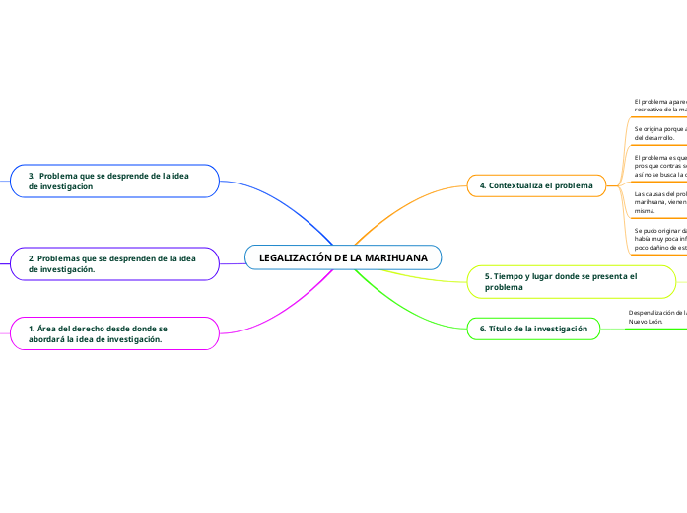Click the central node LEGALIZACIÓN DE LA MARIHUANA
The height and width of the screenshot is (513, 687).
pyautogui.click(x=343, y=257)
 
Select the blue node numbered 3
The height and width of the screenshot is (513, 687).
pyautogui.click(x=114, y=180)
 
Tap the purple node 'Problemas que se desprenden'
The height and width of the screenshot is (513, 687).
pyautogui.click(x=114, y=263)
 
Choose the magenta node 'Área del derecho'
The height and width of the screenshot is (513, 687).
pyautogui.click(x=114, y=333)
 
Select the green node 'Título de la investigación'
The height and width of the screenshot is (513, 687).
pyautogui.click(x=533, y=328)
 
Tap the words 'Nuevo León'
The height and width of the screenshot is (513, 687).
pyautogui.click(x=646, y=322)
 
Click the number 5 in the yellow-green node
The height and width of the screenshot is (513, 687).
pyautogui.click(x=487, y=276)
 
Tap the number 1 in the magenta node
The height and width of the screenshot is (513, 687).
pyautogui.click(x=31, y=328)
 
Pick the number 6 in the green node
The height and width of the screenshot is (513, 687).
pyautogui.click(x=482, y=328)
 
